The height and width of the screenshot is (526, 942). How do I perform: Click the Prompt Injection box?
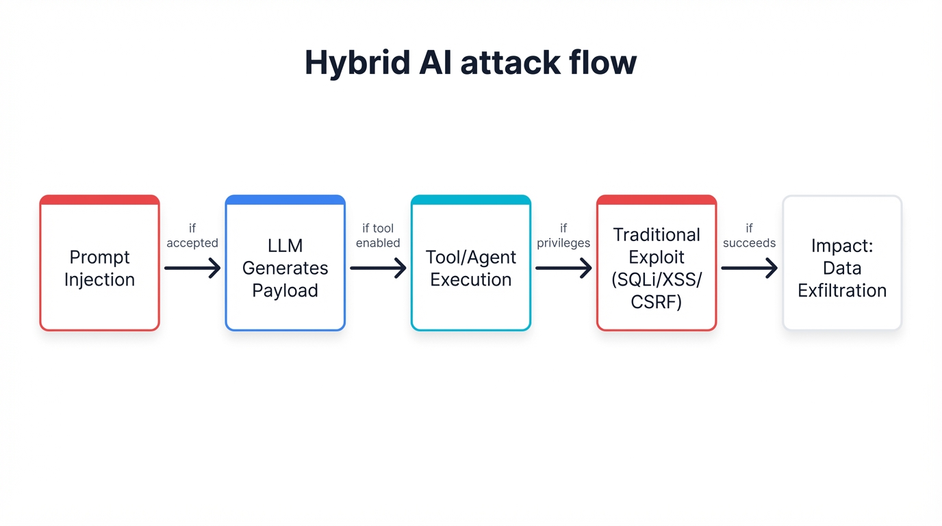[x=99, y=268]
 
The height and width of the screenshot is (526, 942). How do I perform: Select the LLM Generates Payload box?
[x=285, y=268]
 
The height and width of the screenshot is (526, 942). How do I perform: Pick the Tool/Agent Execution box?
[x=470, y=268]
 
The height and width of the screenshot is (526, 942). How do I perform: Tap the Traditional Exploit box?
[x=657, y=268]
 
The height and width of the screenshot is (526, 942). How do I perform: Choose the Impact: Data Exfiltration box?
[x=842, y=268]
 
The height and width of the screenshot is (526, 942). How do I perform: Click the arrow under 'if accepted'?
[x=192, y=268]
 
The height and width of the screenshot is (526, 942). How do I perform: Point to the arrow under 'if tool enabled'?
[x=378, y=268]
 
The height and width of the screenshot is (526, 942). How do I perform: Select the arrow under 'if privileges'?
[x=563, y=268]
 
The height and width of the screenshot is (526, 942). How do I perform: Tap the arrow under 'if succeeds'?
[x=749, y=268]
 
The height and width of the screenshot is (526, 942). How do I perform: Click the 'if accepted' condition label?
[x=192, y=236]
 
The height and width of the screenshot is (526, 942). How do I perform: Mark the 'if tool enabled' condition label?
[x=378, y=236]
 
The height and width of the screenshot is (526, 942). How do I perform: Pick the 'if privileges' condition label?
[x=563, y=236]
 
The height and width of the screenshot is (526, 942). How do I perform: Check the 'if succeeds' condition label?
[x=749, y=236]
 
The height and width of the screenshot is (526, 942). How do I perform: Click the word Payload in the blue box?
[x=285, y=290]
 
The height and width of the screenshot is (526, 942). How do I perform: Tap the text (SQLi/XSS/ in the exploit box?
[x=657, y=279]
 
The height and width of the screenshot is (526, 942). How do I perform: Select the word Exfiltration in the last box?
[x=842, y=290]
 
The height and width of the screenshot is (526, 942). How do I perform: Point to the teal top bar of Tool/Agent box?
[x=470, y=200]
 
